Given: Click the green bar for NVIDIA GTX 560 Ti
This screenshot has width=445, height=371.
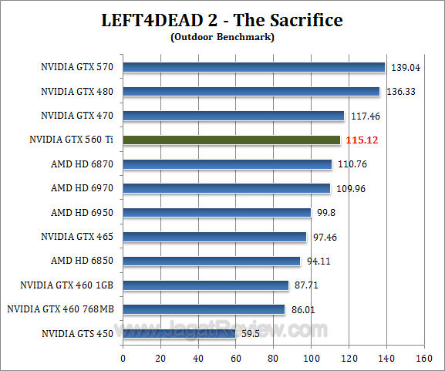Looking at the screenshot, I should click(x=231, y=140).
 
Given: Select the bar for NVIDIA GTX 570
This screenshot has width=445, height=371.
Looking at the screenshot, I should click(x=254, y=67).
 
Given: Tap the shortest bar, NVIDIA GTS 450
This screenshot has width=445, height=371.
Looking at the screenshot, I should click(x=179, y=333).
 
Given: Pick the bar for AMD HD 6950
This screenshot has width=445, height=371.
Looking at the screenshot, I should click(x=217, y=212).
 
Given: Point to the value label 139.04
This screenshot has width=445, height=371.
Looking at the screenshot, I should click(x=406, y=68).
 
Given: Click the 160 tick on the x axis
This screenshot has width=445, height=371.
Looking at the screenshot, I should click(x=423, y=358).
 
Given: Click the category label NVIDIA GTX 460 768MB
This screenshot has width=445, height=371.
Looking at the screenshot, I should click(x=60, y=309).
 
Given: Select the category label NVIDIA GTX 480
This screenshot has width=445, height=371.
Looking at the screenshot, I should click(x=77, y=92).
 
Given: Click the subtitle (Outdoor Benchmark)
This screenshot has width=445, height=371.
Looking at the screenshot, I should click(x=222, y=35).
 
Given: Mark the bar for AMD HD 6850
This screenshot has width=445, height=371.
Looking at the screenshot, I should click(x=211, y=261).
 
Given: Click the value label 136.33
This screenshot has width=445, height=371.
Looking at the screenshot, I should click(x=401, y=92).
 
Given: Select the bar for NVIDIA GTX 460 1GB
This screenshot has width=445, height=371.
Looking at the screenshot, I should click(x=206, y=285).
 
